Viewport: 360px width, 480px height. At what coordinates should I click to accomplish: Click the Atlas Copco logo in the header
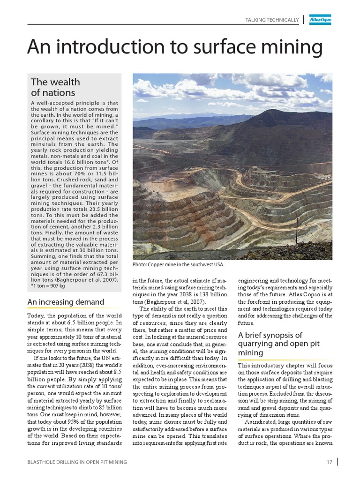321,20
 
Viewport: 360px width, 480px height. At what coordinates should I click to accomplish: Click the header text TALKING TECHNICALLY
272,20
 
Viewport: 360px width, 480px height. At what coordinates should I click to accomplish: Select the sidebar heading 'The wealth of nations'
55,87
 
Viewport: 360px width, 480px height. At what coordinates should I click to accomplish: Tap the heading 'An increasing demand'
66,301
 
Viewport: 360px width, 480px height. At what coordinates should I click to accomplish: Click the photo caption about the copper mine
179,264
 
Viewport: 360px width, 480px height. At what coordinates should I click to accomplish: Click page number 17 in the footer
330,462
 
